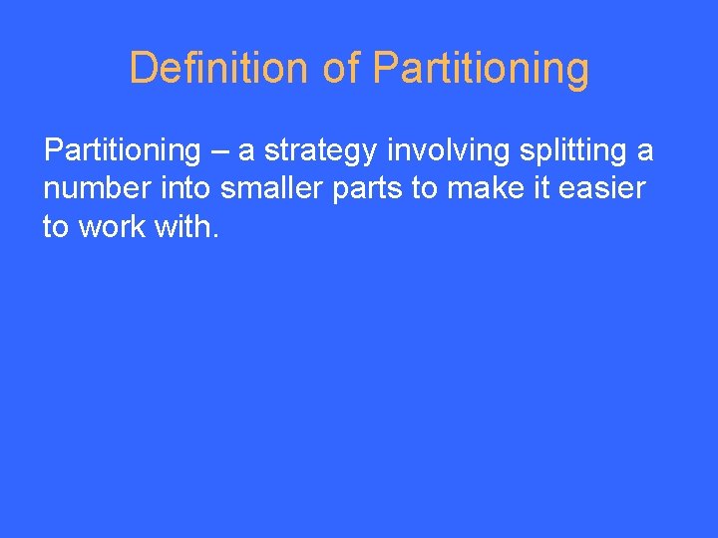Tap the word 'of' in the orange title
(341, 68)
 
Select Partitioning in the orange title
(481, 68)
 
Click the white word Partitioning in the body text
(122, 150)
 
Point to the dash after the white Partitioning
(219, 151)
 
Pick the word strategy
(320, 151)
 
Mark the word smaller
(266, 188)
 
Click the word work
(111, 226)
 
